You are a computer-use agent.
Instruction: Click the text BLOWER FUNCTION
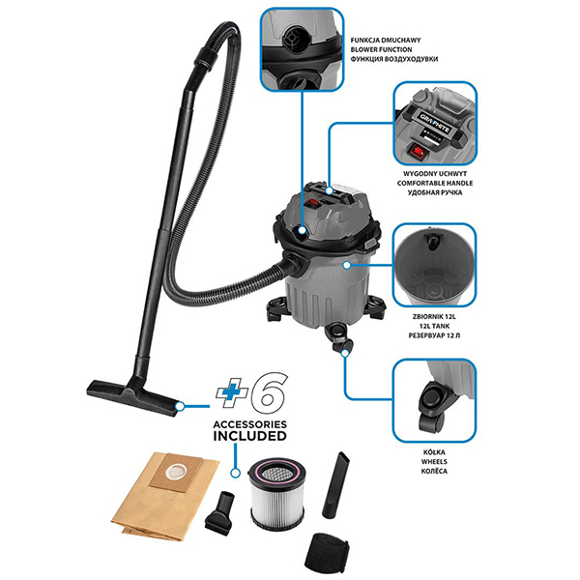381,49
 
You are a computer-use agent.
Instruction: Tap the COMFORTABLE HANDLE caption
435,183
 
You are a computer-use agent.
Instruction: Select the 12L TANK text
435,327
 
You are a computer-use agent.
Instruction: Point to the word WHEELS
434,462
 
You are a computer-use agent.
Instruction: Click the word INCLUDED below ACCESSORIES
249,436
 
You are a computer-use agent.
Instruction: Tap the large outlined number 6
268,391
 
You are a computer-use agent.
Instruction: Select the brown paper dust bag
165,495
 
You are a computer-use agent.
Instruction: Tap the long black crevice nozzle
335,484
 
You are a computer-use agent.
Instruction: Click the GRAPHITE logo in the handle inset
435,123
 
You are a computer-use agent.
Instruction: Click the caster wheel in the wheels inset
432,405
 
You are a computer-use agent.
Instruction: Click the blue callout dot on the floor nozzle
180,406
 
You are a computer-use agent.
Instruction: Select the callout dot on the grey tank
347,265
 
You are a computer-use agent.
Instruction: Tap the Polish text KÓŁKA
434,452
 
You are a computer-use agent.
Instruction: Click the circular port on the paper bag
173,472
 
